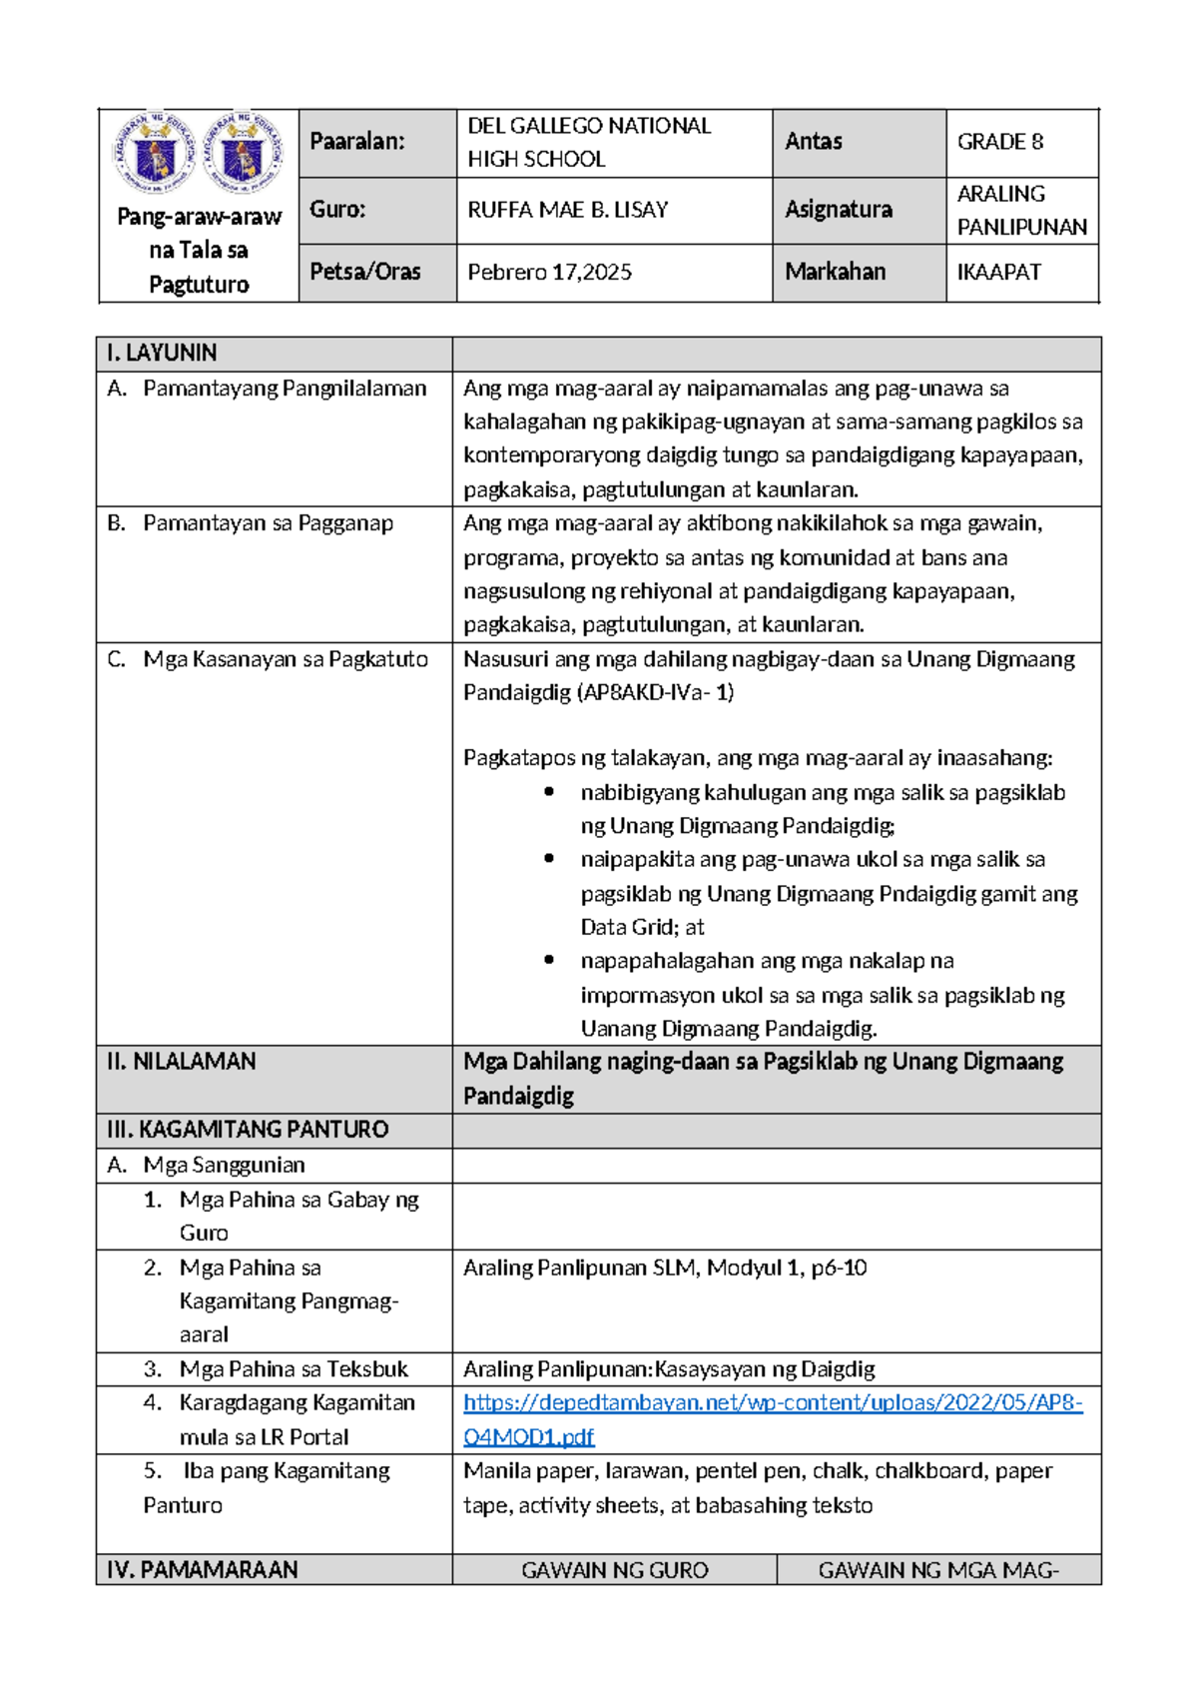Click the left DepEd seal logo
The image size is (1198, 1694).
click(x=153, y=153)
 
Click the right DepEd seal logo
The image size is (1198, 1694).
click(x=243, y=153)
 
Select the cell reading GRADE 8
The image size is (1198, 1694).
click(x=999, y=142)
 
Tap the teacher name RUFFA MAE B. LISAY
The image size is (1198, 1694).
click(x=567, y=210)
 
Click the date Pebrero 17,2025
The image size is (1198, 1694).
click(x=549, y=272)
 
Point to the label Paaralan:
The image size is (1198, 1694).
click(x=356, y=142)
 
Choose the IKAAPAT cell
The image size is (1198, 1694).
click(x=998, y=272)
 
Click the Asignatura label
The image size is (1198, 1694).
click(x=838, y=210)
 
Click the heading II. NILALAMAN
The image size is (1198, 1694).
click(x=181, y=1061)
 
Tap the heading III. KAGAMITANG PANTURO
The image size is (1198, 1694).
click(x=247, y=1130)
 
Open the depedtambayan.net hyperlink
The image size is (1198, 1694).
click(x=772, y=1403)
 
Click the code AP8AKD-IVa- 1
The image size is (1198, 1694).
click(x=656, y=692)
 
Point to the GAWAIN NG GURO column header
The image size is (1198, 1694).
click(x=614, y=1570)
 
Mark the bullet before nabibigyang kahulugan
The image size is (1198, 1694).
click(x=549, y=792)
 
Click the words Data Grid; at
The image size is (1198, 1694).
click(x=642, y=927)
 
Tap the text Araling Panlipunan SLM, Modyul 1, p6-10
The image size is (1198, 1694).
click(x=664, y=1268)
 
